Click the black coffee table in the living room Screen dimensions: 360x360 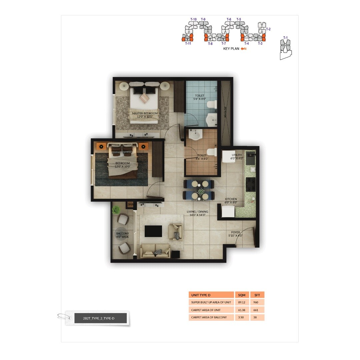pyautogui.click(x=153, y=231)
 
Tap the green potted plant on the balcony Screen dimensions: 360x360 pyautogui.click(x=116, y=210)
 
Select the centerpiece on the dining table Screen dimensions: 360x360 pyautogui.click(x=201, y=192)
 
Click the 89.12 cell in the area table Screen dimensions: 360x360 pyautogui.click(x=241, y=302)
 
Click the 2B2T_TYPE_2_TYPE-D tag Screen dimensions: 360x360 pyautogui.click(x=99, y=318)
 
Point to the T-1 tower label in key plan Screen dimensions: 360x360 pyautogui.click(x=285, y=38)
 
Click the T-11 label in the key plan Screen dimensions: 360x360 pyautogui.click(x=188, y=43)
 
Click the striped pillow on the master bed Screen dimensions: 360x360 pyautogui.click(x=145, y=98)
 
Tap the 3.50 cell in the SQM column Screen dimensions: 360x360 pyautogui.click(x=241, y=317)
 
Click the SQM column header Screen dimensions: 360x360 pyautogui.click(x=242, y=295)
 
